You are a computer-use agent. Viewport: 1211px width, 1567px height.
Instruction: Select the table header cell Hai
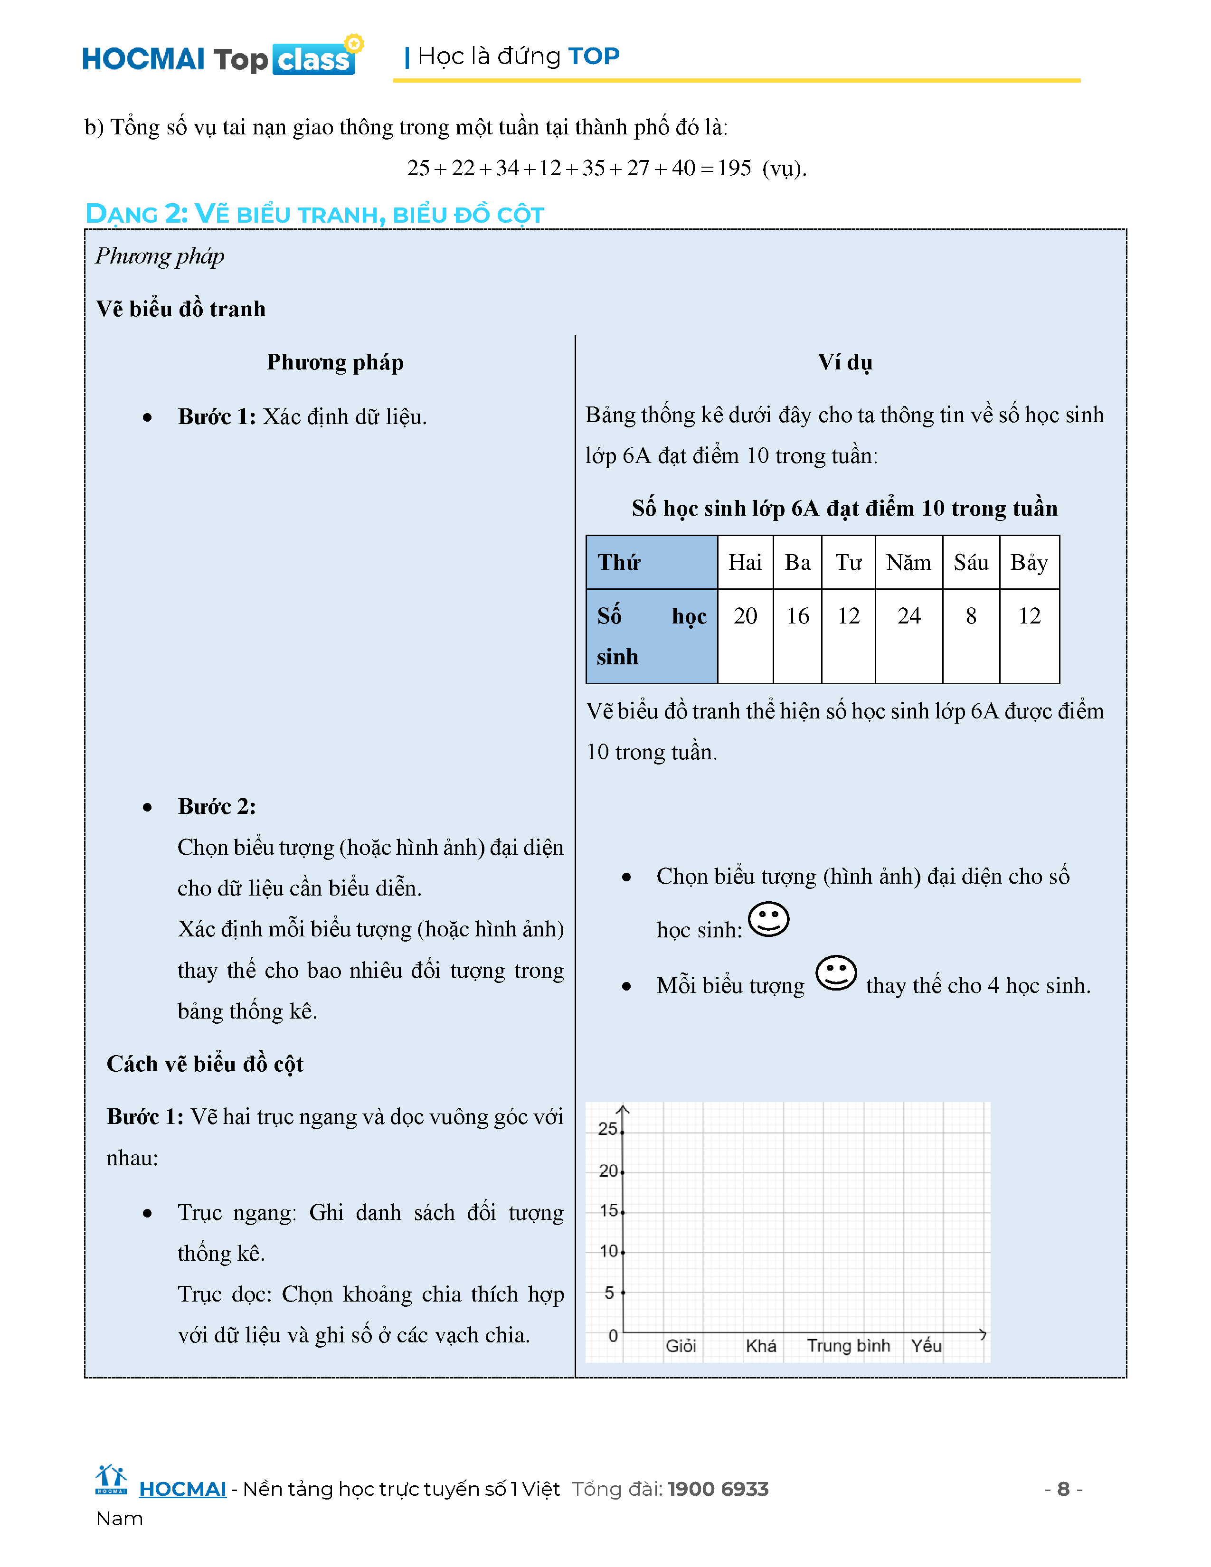pos(745,563)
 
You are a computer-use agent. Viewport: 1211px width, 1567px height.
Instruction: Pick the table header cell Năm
pos(908,563)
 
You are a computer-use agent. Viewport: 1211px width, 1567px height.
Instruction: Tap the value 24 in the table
pos(908,615)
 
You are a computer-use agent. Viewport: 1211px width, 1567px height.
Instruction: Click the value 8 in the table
pos(971,615)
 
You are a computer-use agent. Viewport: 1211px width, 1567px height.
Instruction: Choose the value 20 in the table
pos(745,615)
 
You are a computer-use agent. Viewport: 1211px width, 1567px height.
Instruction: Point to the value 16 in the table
pos(797,615)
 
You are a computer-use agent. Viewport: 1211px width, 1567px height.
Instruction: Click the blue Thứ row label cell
pos(651,563)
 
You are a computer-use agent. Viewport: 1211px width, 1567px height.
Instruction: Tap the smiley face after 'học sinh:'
pos(768,919)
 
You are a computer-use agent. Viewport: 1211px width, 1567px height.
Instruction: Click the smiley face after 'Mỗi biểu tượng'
pos(836,973)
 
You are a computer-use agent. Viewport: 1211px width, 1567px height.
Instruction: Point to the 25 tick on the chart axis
pos(608,1129)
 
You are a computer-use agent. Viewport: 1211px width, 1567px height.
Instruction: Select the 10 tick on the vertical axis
pos(608,1251)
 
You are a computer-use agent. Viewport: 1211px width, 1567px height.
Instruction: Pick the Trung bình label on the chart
pos(848,1346)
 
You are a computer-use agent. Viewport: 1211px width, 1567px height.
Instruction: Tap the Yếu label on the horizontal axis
pos(926,1346)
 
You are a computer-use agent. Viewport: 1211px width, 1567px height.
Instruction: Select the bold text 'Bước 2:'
pos(217,806)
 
